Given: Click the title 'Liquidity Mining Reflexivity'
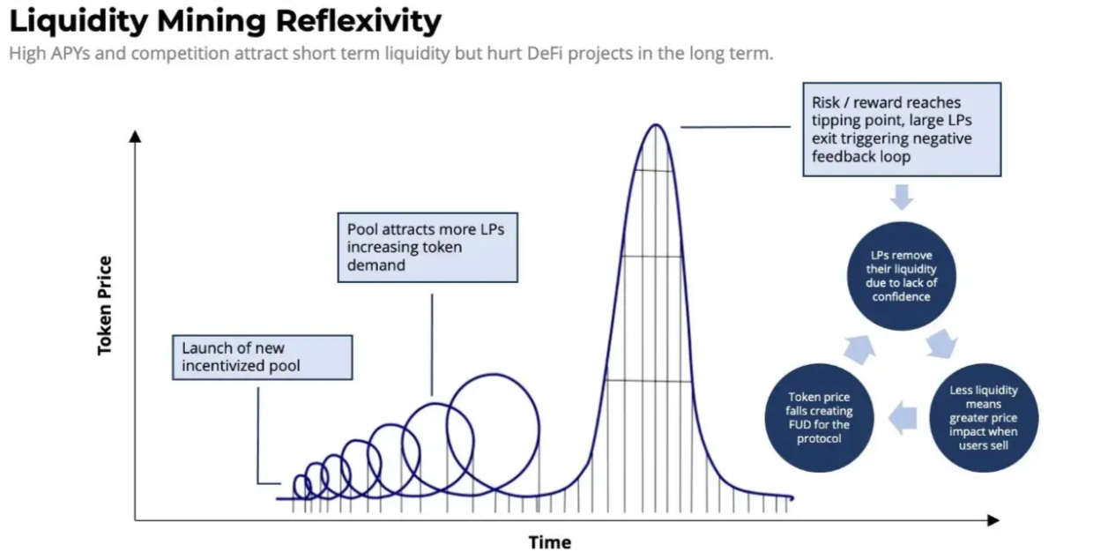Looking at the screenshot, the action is click(225, 22).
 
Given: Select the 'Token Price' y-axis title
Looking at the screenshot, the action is click(105, 306).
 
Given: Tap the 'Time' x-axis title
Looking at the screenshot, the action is click(550, 542).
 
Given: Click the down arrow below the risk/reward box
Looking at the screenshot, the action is click(902, 198).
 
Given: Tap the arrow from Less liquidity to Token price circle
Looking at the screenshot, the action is click(903, 418).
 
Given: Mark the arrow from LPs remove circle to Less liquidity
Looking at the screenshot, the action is click(941, 343).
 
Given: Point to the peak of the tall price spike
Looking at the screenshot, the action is click(656, 125).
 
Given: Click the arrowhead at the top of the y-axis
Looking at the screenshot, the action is click(135, 136).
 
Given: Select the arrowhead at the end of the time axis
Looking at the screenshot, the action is click(993, 520).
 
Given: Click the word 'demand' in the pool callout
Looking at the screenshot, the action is click(376, 265).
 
